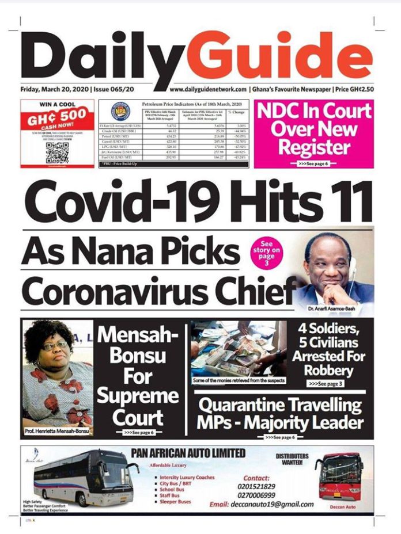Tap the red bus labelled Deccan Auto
343,478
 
